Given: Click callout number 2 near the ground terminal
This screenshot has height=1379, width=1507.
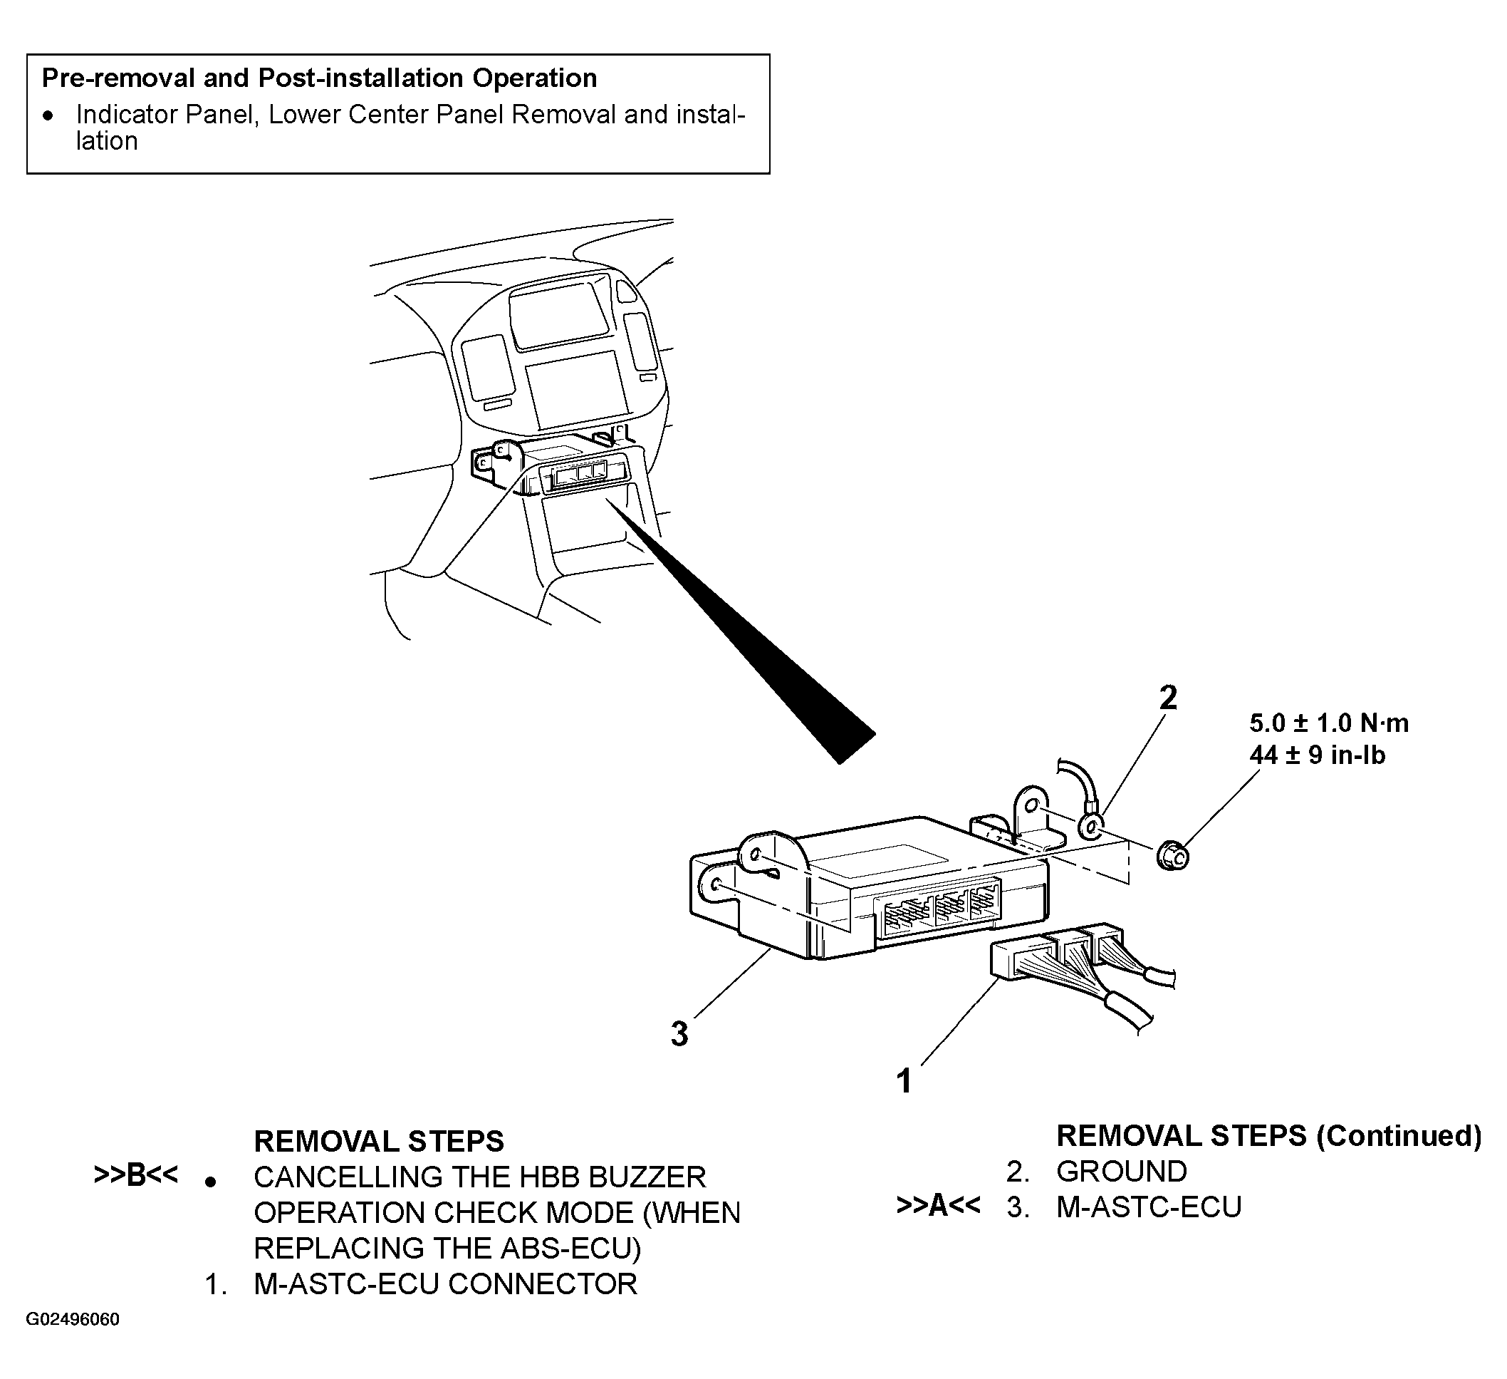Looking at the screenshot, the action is pyautogui.click(x=1167, y=698).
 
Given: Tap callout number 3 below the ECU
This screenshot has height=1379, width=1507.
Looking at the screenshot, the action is pyautogui.click(x=679, y=1034).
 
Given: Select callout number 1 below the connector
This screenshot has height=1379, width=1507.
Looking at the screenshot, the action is pyautogui.click(x=904, y=1081).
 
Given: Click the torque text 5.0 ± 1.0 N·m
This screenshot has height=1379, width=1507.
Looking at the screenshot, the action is pyautogui.click(x=1329, y=723).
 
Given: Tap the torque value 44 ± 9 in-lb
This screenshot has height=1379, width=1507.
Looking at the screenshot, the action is pyautogui.click(x=1317, y=755).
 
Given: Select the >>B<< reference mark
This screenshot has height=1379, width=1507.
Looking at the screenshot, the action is pyautogui.click(x=136, y=1176).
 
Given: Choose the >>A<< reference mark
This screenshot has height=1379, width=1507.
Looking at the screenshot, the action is pyautogui.click(x=938, y=1205).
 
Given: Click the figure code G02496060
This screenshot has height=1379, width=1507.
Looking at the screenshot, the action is pyautogui.click(x=73, y=1319).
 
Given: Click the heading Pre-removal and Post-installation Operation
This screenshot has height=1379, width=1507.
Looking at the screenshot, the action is pyautogui.click(x=319, y=78).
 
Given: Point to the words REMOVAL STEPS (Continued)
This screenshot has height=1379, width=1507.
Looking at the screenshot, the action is pyautogui.click(x=1268, y=1136).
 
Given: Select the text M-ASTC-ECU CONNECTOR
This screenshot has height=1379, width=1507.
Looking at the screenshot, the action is pyautogui.click(x=446, y=1284).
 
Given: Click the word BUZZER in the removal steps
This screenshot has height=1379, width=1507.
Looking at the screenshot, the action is pyautogui.click(x=647, y=1177).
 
